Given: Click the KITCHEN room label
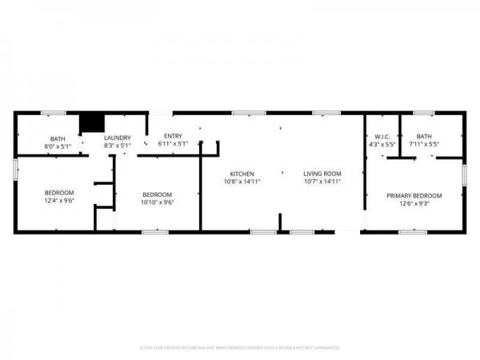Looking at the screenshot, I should point(242,174).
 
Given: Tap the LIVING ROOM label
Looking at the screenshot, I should point(322,174).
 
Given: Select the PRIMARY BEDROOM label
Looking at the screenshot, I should point(414,195).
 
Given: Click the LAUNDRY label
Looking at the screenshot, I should point(118,138).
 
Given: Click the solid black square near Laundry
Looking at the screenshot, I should point(93,122).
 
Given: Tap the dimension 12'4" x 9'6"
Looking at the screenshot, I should point(59,202).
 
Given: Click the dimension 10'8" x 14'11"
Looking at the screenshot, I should point(242,182).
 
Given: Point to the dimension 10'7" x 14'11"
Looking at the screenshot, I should point(322,182).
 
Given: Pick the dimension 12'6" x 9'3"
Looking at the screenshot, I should point(414,203).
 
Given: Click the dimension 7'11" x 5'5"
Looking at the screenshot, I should point(424,145).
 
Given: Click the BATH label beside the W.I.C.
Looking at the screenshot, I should point(424,137).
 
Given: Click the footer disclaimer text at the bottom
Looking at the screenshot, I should point(240,347).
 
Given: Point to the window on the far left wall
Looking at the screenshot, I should point(15,168).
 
